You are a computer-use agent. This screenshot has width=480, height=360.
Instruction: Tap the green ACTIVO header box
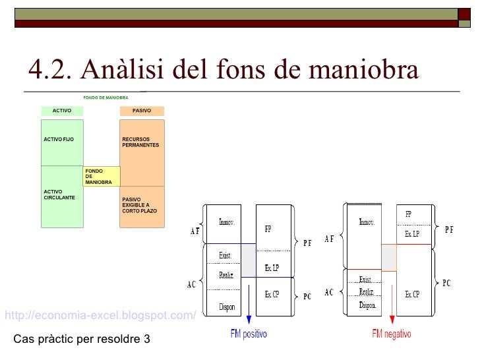click(62, 111)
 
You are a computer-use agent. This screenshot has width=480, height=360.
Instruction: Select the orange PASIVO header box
click(142, 111)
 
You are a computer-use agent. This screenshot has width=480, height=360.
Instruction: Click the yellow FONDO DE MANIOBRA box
click(102, 176)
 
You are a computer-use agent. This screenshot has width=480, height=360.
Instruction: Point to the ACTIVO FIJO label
click(59, 140)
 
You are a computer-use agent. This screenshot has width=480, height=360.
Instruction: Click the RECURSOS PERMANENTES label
click(140, 142)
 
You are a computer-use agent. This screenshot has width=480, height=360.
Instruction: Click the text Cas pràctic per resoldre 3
click(82, 340)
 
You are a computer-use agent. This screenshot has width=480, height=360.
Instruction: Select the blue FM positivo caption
click(249, 334)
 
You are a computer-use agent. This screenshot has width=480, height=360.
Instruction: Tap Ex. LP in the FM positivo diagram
click(272, 268)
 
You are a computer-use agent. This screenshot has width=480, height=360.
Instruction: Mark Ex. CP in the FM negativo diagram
click(412, 294)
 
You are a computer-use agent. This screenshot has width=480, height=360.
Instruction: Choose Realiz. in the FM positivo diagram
click(227, 276)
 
